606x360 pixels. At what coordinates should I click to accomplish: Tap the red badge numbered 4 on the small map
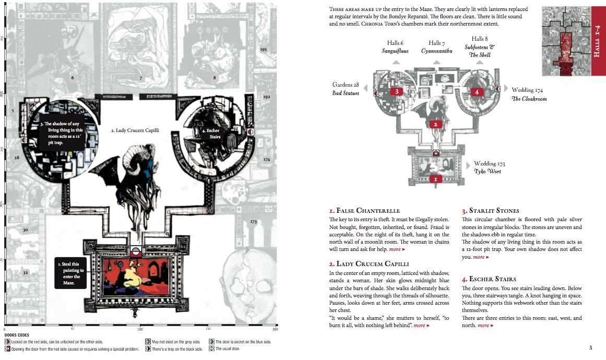click(x=477, y=92)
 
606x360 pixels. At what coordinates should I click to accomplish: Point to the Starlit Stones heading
click(x=490, y=211)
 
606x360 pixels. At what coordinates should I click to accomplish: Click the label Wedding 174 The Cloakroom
click(x=529, y=94)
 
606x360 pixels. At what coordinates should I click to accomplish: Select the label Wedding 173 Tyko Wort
click(x=489, y=167)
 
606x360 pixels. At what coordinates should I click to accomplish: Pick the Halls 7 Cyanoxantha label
click(x=436, y=47)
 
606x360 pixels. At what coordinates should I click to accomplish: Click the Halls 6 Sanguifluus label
click(x=395, y=47)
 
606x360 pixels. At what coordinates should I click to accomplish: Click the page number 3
click(x=590, y=348)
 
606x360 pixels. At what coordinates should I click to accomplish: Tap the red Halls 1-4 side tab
click(x=598, y=42)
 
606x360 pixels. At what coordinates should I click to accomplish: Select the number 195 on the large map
click(x=263, y=49)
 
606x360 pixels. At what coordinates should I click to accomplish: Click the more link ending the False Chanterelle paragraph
click(x=397, y=249)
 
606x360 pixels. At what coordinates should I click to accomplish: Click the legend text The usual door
click(x=228, y=349)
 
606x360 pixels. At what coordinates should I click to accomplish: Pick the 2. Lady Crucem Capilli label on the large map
click(x=135, y=130)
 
